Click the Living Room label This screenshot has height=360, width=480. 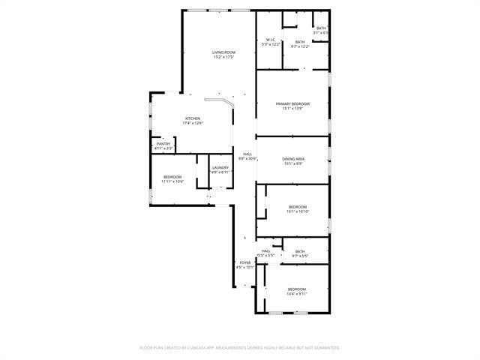pos(223,52)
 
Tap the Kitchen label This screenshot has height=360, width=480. pos(193,119)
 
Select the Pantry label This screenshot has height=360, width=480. pos(163,144)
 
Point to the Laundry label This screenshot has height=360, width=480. pos(220,167)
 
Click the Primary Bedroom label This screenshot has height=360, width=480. pos(292,103)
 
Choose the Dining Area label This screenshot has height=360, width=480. pos(292,158)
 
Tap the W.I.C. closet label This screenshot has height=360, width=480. pos(271,40)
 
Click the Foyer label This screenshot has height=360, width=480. pos(245,262)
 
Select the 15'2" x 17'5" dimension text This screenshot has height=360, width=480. pos(223,57)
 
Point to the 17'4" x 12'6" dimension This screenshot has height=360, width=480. pos(193,124)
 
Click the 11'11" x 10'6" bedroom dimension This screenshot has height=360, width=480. pos(173,181)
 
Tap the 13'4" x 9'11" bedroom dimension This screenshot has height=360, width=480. pos(296,294)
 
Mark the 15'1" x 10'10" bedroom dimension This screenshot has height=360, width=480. pos(298,211)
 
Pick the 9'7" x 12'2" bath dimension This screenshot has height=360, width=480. pos(300,46)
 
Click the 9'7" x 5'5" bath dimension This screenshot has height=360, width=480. pos(300,256)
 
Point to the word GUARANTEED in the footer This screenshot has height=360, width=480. pos(325,348)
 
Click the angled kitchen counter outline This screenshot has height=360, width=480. pos(223,102)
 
